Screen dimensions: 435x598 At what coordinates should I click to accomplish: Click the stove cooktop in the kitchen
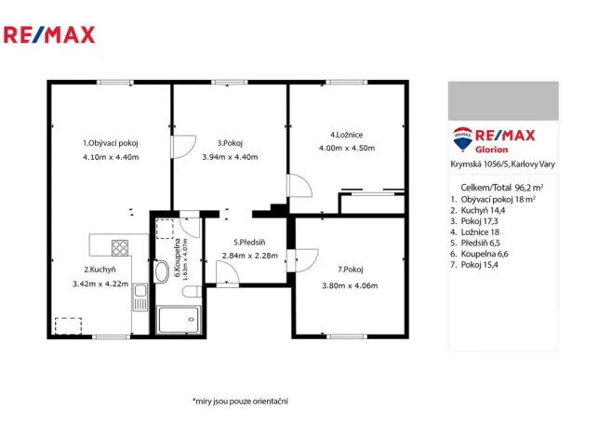pyautogui.click(x=120, y=247)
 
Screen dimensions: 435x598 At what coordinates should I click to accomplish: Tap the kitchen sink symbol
pyautogui.click(x=140, y=298)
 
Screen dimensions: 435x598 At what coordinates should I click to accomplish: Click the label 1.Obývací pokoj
pyautogui.click(x=110, y=143)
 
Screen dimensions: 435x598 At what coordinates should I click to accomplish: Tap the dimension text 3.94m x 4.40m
pyautogui.click(x=230, y=157)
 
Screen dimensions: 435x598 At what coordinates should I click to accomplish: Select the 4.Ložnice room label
pyautogui.click(x=346, y=134)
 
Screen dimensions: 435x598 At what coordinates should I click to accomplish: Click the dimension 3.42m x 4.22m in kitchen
pyautogui.click(x=100, y=284)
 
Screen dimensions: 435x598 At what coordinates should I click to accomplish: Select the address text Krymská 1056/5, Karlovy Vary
pyautogui.click(x=502, y=165)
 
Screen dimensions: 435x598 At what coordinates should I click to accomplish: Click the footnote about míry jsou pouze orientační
pyautogui.click(x=240, y=401)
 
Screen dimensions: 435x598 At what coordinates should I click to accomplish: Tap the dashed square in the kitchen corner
pyautogui.click(x=67, y=325)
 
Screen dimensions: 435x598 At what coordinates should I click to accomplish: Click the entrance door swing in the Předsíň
pyautogui.click(x=225, y=272)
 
